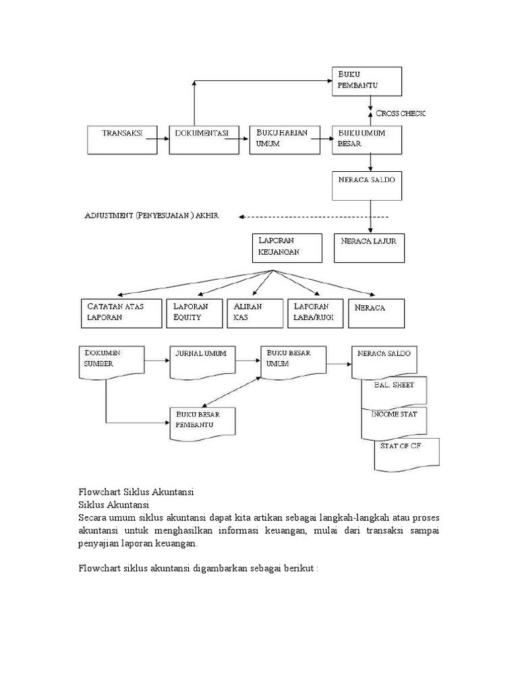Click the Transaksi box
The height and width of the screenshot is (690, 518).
tap(122, 139)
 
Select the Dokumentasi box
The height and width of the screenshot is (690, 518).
tap(204, 139)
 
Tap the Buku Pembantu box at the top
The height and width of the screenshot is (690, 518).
tap(368, 81)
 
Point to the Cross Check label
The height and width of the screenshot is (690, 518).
tap(401, 113)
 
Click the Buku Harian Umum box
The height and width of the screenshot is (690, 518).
tap(284, 139)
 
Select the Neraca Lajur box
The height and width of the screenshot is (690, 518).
tap(370, 247)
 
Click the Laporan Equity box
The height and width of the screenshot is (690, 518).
tap(194, 313)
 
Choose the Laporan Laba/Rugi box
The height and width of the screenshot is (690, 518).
tap(316, 313)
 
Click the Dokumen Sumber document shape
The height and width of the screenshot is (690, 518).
tap(112, 360)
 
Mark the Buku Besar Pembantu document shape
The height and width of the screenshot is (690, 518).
tap(203, 423)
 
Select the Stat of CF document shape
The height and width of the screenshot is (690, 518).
tap(406, 453)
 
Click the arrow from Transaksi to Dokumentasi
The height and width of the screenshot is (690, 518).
tap(158, 139)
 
